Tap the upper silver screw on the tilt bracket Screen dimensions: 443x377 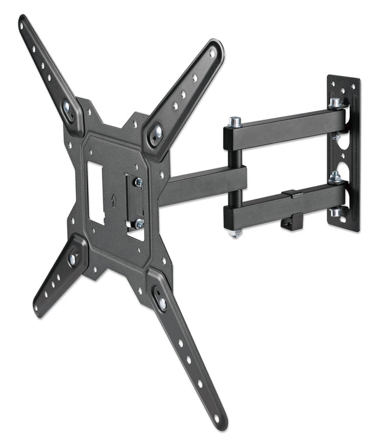138,182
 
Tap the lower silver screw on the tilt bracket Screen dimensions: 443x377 139,223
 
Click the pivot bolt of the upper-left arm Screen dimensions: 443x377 67,108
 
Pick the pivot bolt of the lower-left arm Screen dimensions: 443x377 73,258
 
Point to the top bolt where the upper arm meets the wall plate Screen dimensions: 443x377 334,102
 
